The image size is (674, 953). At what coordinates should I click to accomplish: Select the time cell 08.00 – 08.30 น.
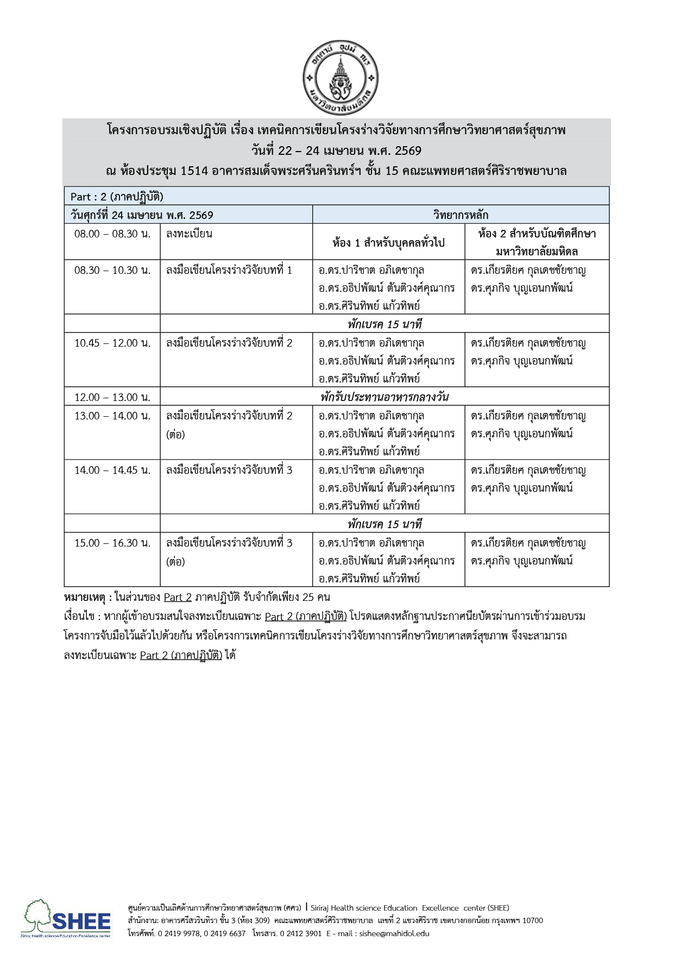(112, 234)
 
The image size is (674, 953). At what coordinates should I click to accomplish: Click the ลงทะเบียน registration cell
(189, 234)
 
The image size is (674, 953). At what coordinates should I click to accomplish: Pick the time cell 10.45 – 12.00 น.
(112, 343)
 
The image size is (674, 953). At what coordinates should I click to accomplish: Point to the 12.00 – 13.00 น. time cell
(112, 397)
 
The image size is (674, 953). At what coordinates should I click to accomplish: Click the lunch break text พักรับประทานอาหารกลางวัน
(384, 397)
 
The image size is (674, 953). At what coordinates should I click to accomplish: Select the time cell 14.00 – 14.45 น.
(112, 471)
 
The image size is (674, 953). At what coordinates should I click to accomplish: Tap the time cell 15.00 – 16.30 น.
(112, 543)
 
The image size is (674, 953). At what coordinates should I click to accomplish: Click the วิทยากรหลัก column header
(461, 215)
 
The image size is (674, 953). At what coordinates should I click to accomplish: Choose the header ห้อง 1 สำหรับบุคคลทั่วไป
(388, 243)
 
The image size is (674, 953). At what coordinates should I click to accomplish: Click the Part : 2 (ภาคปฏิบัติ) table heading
(117, 197)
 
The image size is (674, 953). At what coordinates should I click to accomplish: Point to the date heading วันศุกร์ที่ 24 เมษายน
(142, 215)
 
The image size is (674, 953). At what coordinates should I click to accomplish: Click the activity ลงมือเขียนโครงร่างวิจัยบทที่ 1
(229, 271)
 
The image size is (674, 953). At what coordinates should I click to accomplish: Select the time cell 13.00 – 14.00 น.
(112, 416)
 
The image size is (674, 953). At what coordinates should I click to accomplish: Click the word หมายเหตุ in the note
(85, 598)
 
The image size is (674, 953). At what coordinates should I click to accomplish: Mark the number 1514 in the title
(194, 171)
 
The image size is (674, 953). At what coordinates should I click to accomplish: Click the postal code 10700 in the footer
(532, 920)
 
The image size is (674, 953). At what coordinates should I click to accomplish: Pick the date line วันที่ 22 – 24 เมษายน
(337, 151)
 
